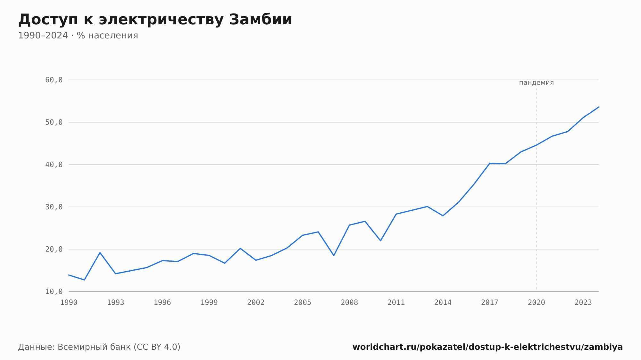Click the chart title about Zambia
155,20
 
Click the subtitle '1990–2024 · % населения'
78,36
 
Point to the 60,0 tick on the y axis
54,80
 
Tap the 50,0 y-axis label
54,122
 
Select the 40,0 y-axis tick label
54,165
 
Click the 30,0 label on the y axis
54,207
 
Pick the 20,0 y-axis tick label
54,249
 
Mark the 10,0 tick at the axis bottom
54,291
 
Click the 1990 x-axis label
69,303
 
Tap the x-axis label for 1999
209,303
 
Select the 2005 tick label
303,303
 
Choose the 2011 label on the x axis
396,303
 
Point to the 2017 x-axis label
490,303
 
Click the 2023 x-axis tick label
583,303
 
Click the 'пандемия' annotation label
537,83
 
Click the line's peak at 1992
100,252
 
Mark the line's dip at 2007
334,256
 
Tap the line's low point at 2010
380,241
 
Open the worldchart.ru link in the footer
487,347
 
